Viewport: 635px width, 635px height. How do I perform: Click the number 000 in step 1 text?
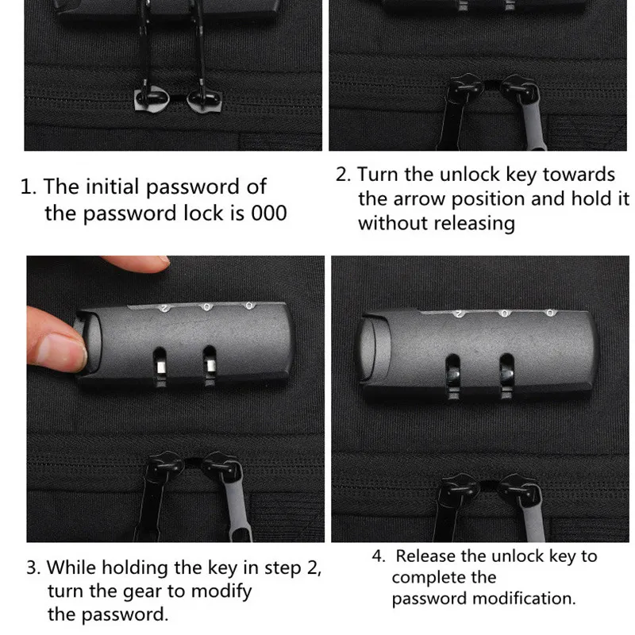(268, 214)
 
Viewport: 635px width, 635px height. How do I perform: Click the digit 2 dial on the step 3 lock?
(165, 309)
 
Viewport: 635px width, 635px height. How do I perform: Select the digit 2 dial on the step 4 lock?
(460, 314)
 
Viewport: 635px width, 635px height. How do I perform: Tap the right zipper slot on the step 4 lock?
(506, 375)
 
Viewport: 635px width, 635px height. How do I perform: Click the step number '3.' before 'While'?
(33, 568)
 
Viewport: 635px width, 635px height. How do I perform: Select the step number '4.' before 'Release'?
(379, 556)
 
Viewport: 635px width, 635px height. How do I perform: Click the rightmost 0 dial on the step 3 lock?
(249, 306)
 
